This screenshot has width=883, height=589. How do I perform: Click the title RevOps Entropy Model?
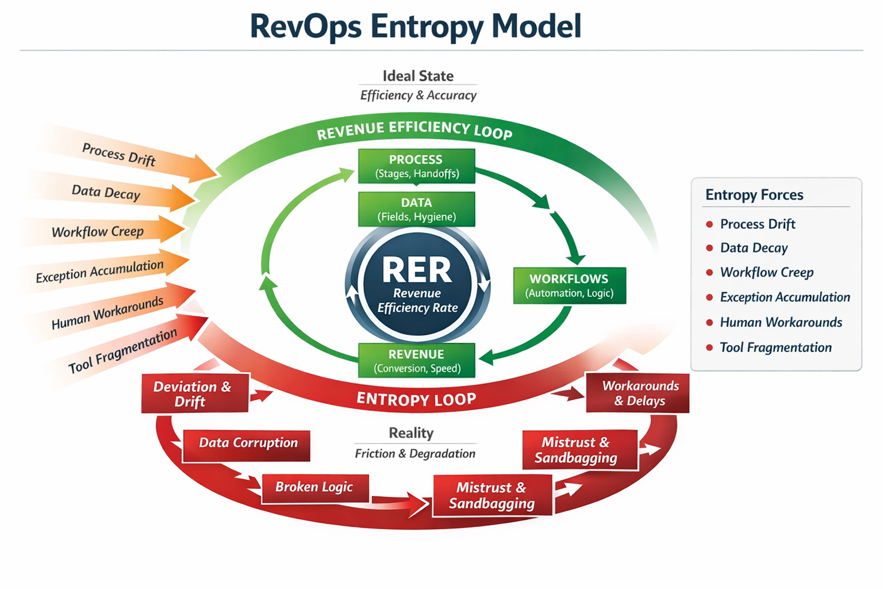pos(415,26)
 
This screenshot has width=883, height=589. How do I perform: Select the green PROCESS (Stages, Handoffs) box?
pos(416,166)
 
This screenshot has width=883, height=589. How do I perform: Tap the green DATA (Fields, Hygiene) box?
pos(416,209)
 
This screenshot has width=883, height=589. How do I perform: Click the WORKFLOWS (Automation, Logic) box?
pos(569,285)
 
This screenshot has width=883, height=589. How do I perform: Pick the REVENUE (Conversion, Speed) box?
pos(416,361)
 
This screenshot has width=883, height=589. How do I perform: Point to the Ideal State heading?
pos(418,76)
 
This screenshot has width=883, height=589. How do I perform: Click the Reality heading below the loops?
pos(411,433)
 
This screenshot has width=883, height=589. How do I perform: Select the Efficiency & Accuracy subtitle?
pos(418,95)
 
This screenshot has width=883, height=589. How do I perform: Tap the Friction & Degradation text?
pos(415,454)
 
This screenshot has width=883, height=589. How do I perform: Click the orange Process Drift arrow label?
pos(119,154)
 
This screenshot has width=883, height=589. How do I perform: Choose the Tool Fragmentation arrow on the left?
pos(122,351)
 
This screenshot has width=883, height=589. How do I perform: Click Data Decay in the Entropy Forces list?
pos(754,248)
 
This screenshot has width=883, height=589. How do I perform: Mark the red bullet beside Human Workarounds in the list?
pos(709,323)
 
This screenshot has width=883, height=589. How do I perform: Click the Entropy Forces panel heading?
pos(754,195)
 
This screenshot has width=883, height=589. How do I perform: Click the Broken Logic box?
pos(314,488)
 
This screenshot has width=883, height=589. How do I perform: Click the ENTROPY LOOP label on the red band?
pos(416,399)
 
